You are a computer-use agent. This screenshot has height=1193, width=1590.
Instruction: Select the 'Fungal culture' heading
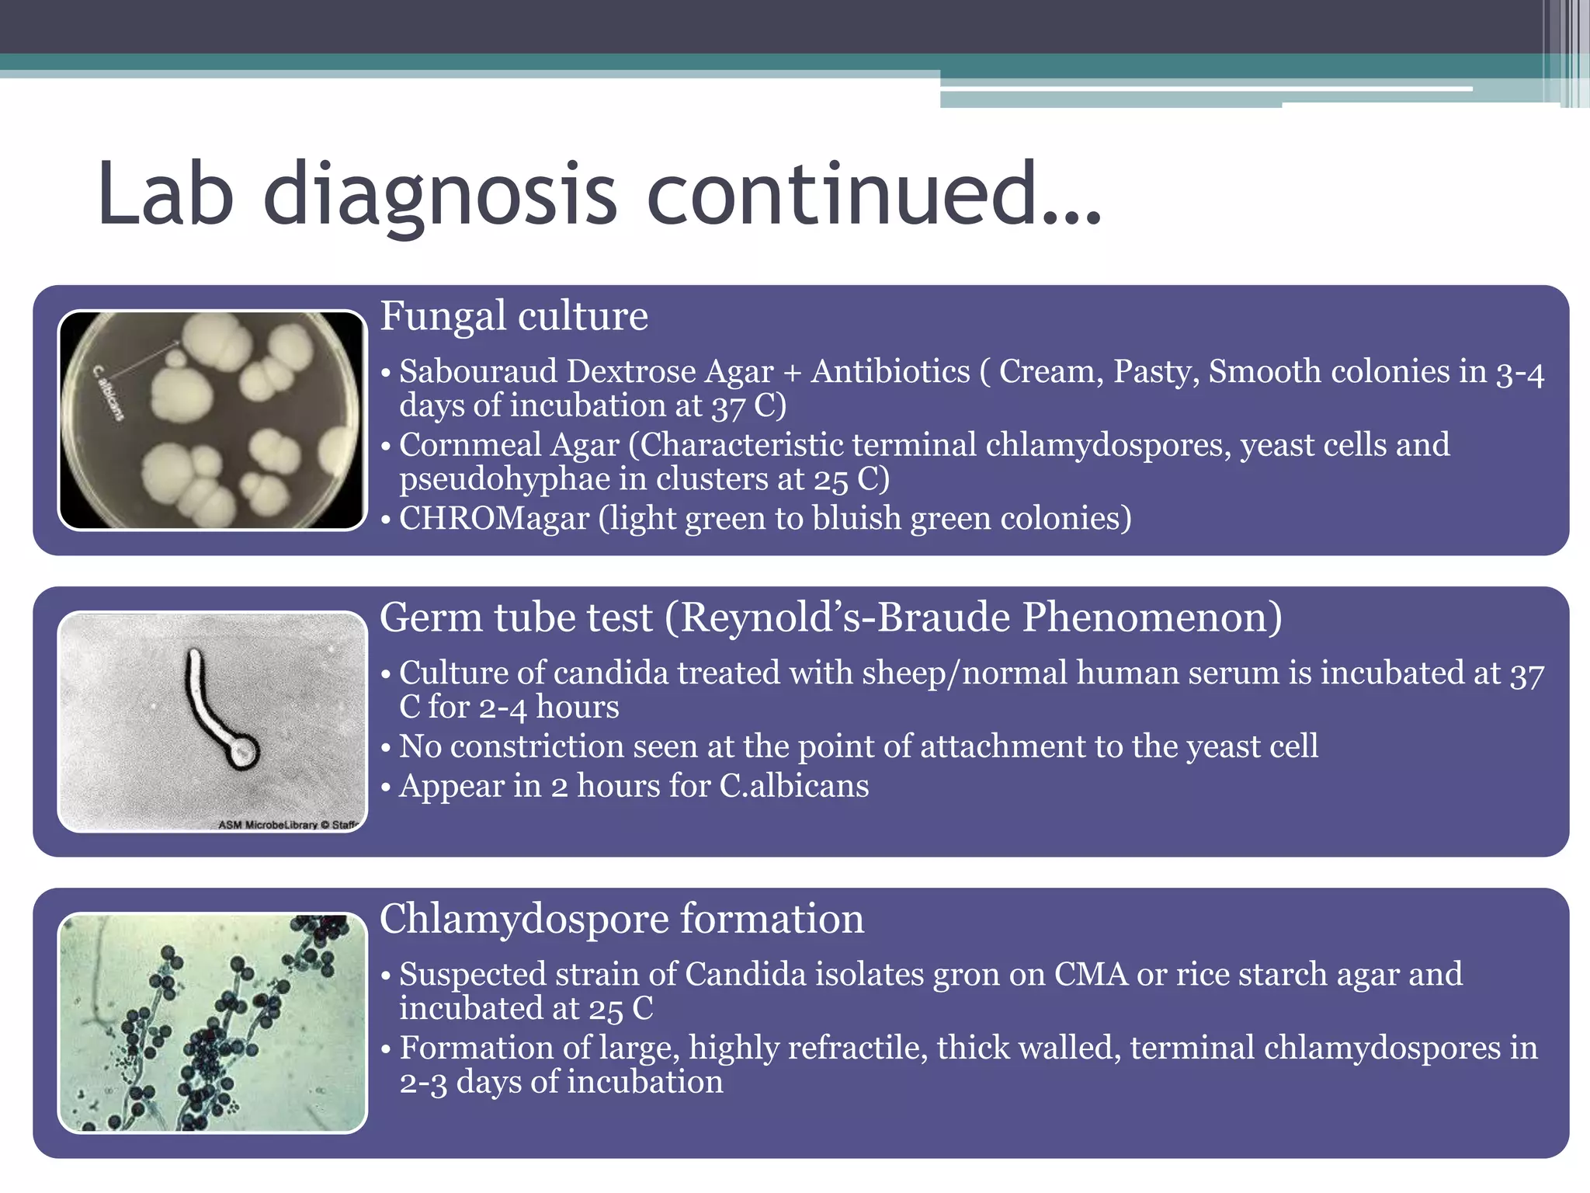tap(513, 316)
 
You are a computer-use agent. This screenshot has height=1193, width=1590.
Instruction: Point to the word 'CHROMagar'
tap(494, 519)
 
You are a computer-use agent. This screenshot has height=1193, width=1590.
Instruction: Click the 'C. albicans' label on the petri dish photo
tap(108, 393)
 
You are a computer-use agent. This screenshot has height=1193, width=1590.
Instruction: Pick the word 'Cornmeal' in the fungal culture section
tap(470, 445)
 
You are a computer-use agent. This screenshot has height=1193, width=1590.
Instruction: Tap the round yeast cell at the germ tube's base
tap(243, 752)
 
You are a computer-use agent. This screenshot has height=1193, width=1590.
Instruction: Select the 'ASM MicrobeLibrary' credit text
tap(287, 824)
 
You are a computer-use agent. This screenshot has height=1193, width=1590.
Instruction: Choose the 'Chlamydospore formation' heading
tap(621, 919)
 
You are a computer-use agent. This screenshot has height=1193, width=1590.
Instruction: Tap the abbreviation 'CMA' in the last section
tap(1091, 974)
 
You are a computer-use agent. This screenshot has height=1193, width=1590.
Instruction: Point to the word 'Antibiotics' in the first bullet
tap(890, 371)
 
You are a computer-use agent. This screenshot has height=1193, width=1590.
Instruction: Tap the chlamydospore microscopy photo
tap(212, 1022)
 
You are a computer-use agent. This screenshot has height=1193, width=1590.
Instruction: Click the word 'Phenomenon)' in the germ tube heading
tap(1151, 617)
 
